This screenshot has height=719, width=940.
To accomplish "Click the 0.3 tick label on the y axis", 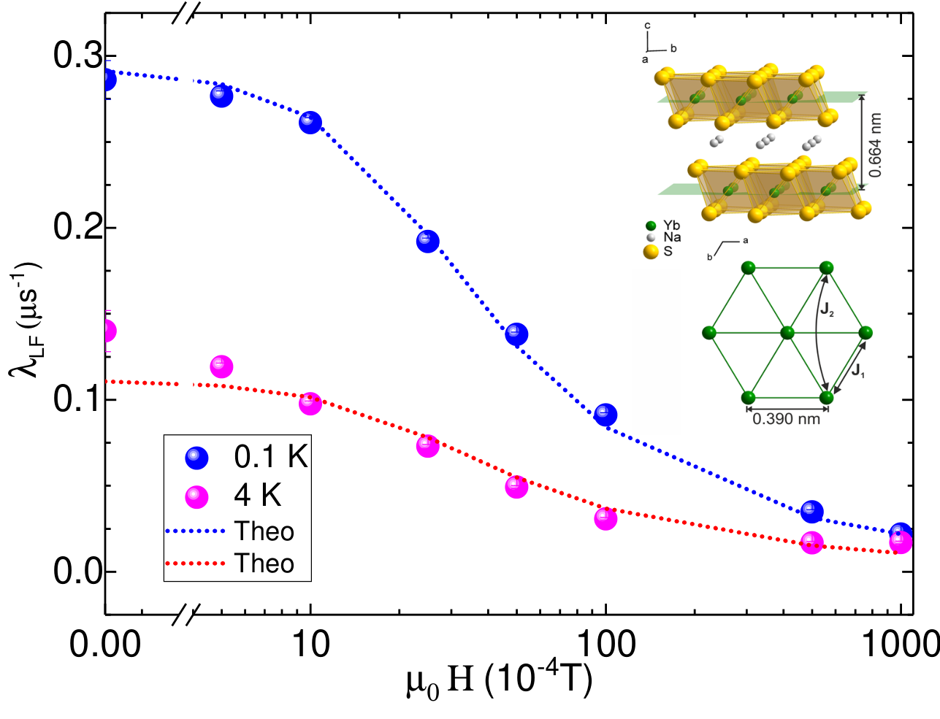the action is point(77,55).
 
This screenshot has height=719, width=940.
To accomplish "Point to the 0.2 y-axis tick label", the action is point(77,227).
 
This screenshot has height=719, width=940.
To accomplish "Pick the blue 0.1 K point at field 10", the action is point(310,123).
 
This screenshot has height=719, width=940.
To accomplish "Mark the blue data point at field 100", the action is point(605,415).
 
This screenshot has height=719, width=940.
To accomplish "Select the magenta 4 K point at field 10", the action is point(310,404).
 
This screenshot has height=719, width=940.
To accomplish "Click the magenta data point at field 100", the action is point(605,519).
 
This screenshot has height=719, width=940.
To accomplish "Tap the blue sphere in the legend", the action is point(196,458).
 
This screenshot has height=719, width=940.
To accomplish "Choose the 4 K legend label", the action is point(257,496).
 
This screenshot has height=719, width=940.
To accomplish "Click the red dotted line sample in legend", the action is point(195,564).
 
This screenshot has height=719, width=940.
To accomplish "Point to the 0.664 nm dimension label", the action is point(875,145).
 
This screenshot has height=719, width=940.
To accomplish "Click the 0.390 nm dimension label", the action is point(787,418).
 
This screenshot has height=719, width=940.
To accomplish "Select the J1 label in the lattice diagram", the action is point(857,370).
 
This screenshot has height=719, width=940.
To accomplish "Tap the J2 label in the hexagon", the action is point(827,309).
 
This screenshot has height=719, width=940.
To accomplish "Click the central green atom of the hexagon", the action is point(787,333).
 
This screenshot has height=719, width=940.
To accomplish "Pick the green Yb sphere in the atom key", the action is point(651,226).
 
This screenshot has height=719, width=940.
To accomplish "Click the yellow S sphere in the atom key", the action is point(651,252).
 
